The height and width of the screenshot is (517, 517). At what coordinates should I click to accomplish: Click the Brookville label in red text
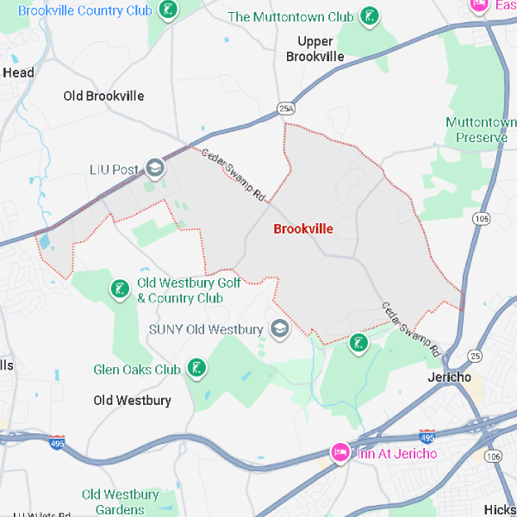pyautogui.click(x=302, y=229)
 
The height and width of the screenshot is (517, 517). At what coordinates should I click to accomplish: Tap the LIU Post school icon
pyautogui.click(x=155, y=168)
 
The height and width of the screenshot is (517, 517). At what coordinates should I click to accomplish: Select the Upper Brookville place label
pyautogui.click(x=315, y=49)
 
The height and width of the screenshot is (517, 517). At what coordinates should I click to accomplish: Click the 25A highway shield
pyautogui.click(x=286, y=109)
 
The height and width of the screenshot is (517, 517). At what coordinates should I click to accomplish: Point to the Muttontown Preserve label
pyautogui.click(x=482, y=130)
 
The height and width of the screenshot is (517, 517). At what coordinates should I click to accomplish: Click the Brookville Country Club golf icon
pyautogui.click(x=169, y=10)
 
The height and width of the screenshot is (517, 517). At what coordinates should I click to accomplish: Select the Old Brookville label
pyautogui.click(x=103, y=96)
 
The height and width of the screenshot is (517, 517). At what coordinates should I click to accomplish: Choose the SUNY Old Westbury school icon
pyautogui.click(x=280, y=328)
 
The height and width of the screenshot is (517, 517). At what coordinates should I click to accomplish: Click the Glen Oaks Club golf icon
pyautogui.click(x=197, y=370)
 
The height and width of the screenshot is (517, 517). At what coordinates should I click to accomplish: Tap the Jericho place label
pyautogui.click(x=449, y=377)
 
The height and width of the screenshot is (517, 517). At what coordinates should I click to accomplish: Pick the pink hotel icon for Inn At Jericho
pyautogui.click(x=340, y=453)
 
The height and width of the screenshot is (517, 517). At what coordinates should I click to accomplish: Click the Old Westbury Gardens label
pyautogui.click(x=121, y=501)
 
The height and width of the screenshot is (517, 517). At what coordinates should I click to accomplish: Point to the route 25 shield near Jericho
pyautogui.click(x=475, y=355)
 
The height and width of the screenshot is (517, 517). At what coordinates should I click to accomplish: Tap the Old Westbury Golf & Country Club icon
pyautogui.click(x=118, y=290)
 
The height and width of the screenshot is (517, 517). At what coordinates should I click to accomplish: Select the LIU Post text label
pyautogui.click(x=114, y=170)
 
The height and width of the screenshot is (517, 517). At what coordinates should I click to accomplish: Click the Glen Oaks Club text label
pyautogui.click(x=137, y=370)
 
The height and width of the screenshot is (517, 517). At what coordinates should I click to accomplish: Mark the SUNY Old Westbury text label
pyautogui.click(x=206, y=329)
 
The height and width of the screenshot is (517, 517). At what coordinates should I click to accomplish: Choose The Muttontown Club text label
pyautogui.click(x=290, y=17)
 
